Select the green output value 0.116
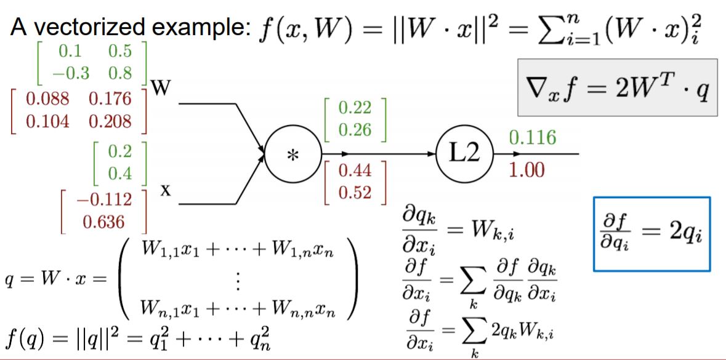pos(533,138)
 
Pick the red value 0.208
pos(110,121)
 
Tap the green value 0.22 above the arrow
pos(355,108)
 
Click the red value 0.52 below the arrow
pos(355,193)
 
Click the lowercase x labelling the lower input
pos(166,191)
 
